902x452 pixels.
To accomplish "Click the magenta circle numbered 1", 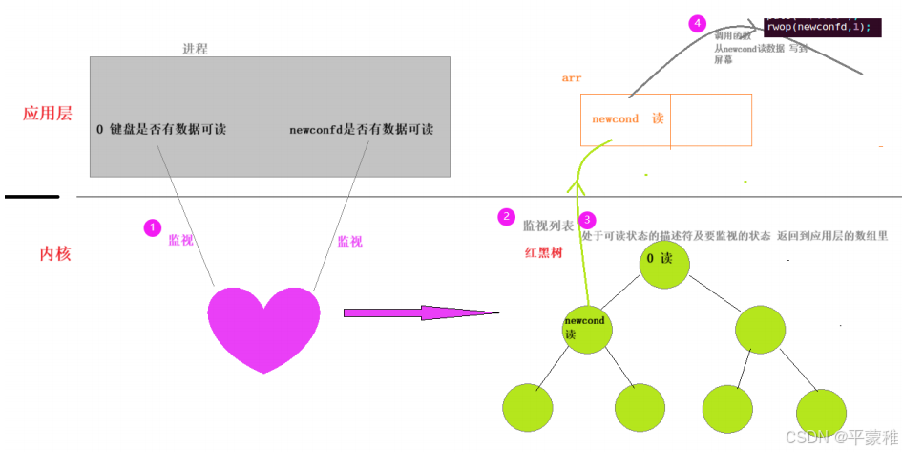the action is pos(152,227).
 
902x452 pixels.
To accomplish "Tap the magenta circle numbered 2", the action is pos(507,217).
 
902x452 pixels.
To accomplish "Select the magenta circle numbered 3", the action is pos(588,220).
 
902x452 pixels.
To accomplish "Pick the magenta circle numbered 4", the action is pos(697,24).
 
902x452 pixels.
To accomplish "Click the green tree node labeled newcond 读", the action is pos(586,328).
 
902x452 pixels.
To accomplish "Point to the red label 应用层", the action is pos(48,114).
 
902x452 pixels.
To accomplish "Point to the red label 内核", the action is pos(55,253).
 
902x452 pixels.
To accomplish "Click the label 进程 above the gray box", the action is pos(195,48).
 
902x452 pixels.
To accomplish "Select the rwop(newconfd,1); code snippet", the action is pos(818,27).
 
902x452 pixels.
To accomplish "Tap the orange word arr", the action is pos(572,78).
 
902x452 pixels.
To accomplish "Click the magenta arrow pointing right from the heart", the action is pos(420,312).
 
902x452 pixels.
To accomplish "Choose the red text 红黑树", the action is pos(543,253).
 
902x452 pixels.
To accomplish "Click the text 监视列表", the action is pos(548,226).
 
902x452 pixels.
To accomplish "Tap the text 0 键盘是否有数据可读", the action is pos(161,129).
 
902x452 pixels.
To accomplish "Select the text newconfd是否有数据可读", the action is pos(361,129).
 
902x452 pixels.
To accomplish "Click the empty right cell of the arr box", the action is pos(711,120).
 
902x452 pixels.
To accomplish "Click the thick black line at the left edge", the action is pos(31,197).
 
